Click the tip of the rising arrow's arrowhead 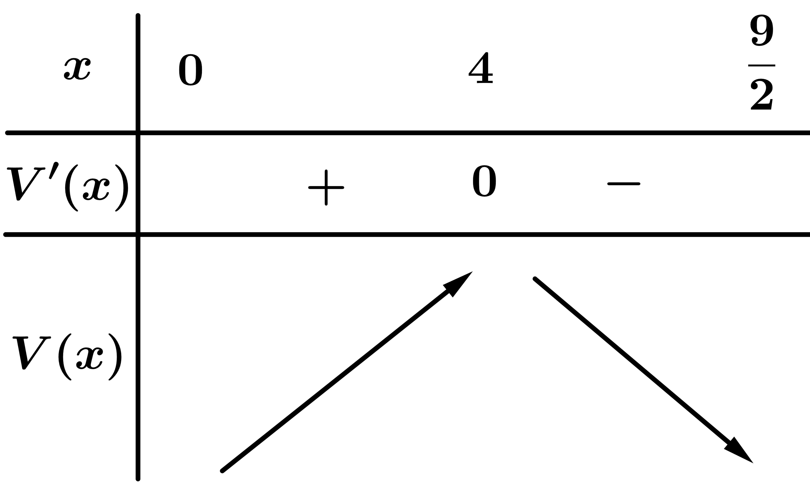point(472,271)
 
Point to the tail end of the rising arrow point(222,471)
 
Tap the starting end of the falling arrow point(535,279)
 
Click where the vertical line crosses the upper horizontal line point(138,133)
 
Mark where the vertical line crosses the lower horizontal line point(138,235)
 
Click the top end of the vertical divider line point(138,15)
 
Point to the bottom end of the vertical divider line point(138,479)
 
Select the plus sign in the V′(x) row point(326,188)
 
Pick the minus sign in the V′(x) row point(624,184)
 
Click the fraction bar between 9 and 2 point(761,65)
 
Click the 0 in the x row point(191,70)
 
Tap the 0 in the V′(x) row point(484,181)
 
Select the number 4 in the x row point(481,68)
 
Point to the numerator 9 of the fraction point(761,30)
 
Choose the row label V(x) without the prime point(67,357)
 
